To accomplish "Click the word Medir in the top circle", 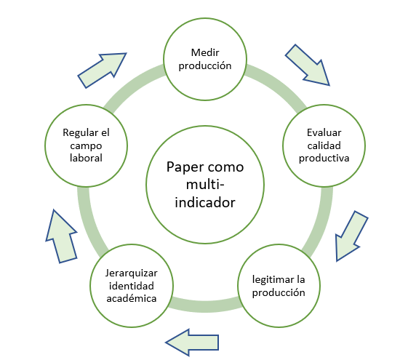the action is (205, 52).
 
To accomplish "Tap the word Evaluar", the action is (324, 132).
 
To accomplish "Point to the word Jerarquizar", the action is (132, 273).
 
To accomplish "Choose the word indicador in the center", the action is (205, 202).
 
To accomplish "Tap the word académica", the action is (132, 298).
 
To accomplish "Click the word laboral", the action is (86, 158).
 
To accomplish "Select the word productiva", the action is (324, 159).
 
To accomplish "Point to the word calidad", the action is (324, 145).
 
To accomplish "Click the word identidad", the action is (132, 286).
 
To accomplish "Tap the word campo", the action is (86, 146).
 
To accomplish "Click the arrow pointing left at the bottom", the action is (192, 343).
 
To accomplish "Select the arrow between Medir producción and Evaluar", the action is (308, 65).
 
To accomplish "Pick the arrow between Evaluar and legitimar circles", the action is (351, 236).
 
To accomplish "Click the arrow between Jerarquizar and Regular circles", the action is (62, 236).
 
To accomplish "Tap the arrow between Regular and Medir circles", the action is (102, 71).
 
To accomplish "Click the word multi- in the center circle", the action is (205, 185).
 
